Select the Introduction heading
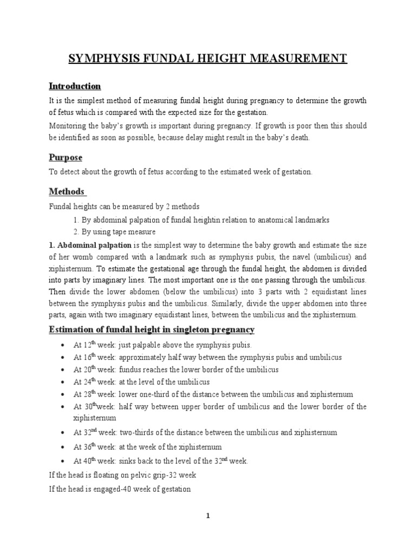tap(75, 86)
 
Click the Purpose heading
tap(66, 157)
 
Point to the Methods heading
tap(67, 191)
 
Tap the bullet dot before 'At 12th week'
tap(63, 345)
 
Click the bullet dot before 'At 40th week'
tap(63, 461)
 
